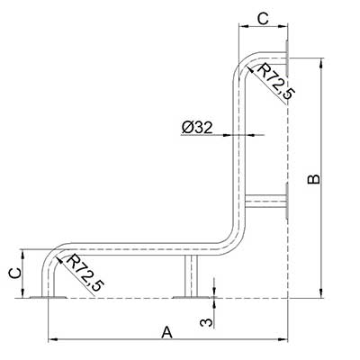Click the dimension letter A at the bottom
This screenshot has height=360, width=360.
click(167, 332)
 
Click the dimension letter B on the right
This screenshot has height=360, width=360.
click(314, 179)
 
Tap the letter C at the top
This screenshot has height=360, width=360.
click(263, 19)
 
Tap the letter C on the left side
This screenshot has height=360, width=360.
click(14, 273)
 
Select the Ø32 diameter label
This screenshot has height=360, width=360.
click(197, 128)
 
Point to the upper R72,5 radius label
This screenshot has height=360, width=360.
click(275, 82)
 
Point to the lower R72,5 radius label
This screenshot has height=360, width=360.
click(85, 273)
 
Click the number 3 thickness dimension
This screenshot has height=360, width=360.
click(207, 322)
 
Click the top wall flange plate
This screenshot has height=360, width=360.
click(287, 58)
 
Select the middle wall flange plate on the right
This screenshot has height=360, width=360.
click(287, 201)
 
